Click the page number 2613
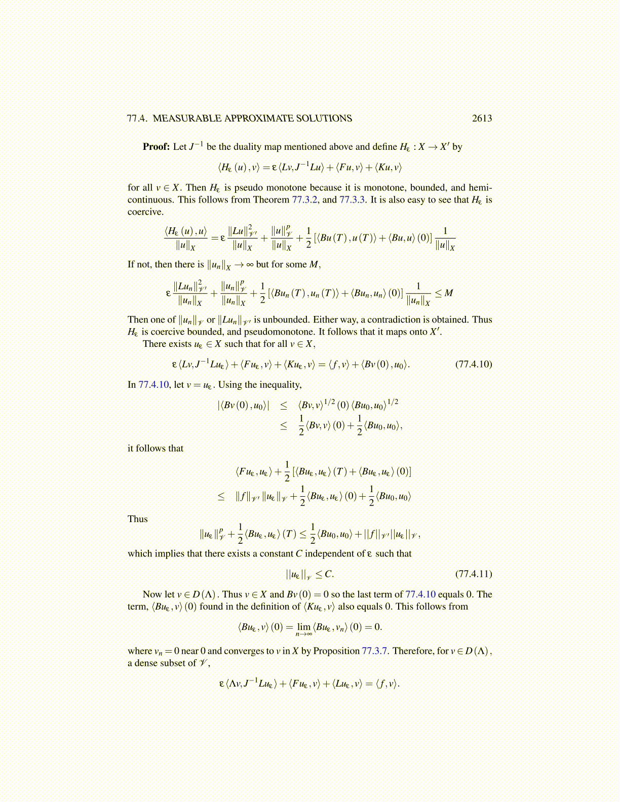pyautogui.click(x=481, y=118)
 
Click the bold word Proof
pyautogui.click(x=156, y=147)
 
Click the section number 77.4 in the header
pyautogui.click(x=137, y=118)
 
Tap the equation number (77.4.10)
pyautogui.click(x=473, y=364)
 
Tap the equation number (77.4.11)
pyautogui.click(x=473, y=574)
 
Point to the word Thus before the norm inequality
pyautogui.click(x=138, y=519)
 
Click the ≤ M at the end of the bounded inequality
pyautogui.click(x=444, y=293)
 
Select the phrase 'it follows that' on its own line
pyautogui.click(x=156, y=448)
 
